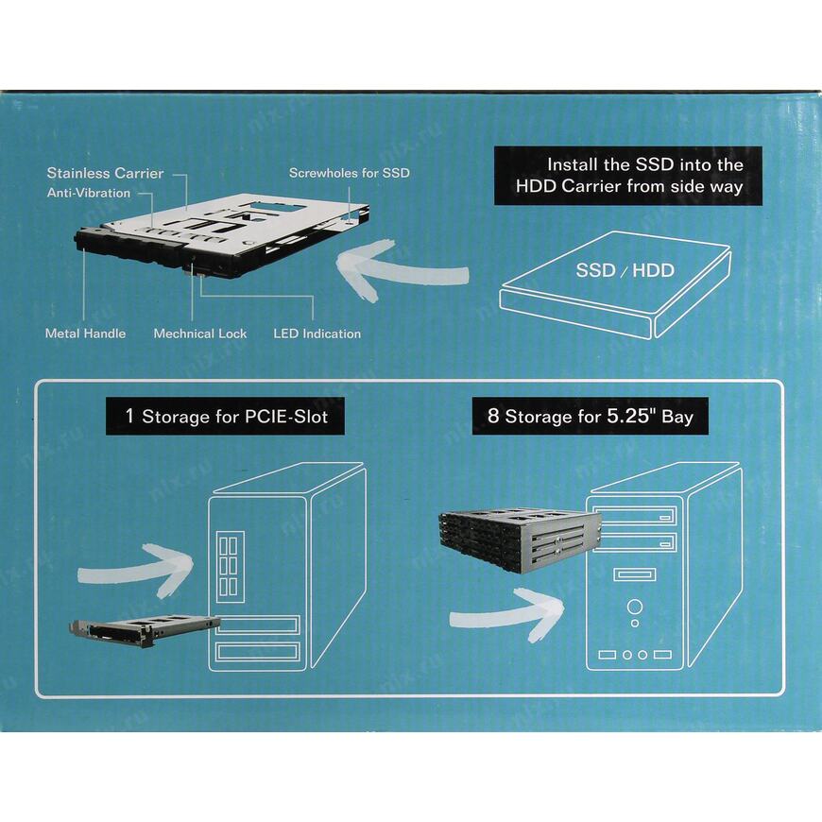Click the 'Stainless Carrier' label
105,173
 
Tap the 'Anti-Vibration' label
89,193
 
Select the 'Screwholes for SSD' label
349,174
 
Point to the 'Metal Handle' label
85,334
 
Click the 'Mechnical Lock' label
199,334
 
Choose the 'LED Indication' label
317,334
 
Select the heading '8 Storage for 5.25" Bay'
590,416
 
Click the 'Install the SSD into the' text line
644,163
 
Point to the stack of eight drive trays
519,540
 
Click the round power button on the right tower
635,607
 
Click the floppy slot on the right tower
634,574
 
